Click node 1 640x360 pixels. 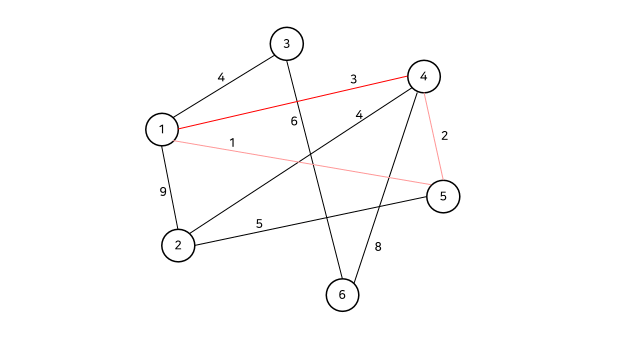click(162, 129)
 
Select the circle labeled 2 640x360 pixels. click(178, 245)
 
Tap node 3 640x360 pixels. click(286, 44)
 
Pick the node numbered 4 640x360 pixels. click(424, 76)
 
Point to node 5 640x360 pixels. click(443, 196)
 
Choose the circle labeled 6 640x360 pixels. click(342, 295)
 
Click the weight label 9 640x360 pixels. click(163, 191)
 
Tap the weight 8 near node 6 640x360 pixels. click(378, 246)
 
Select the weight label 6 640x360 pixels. click(294, 121)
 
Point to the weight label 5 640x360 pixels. click(259, 223)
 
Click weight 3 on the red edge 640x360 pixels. click(353, 79)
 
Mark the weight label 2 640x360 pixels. click(444, 135)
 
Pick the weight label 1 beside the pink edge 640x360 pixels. click(232, 142)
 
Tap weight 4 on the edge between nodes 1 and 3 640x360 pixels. click(221, 77)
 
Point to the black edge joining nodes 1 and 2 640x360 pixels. click(170, 187)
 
